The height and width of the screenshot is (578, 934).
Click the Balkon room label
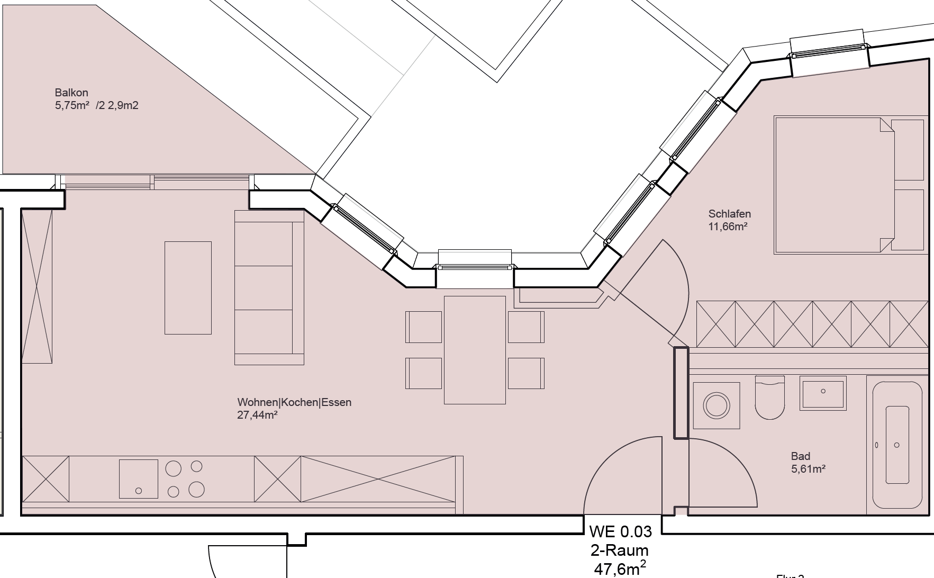(71, 93)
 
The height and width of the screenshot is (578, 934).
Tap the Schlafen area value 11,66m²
(728, 227)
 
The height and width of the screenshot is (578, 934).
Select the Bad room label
(800, 456)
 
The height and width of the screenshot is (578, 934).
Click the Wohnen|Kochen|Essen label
(294, 402)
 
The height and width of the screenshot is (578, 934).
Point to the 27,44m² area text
(257, 415)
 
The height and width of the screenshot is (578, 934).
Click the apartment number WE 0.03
(621, 531)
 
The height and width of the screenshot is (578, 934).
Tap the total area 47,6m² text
(620, 568)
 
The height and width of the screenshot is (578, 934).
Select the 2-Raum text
(620, 550)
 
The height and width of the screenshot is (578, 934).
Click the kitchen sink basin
(139, 479)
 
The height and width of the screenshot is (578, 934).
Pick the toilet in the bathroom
(769, 397)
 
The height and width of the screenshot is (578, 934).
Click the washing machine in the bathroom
(717, 406)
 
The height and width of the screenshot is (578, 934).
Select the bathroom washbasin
(823, 392)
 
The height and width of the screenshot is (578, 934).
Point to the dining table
(475, 350)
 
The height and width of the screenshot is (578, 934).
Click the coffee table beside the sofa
(188, 288)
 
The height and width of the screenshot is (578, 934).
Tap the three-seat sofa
(269, 287)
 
